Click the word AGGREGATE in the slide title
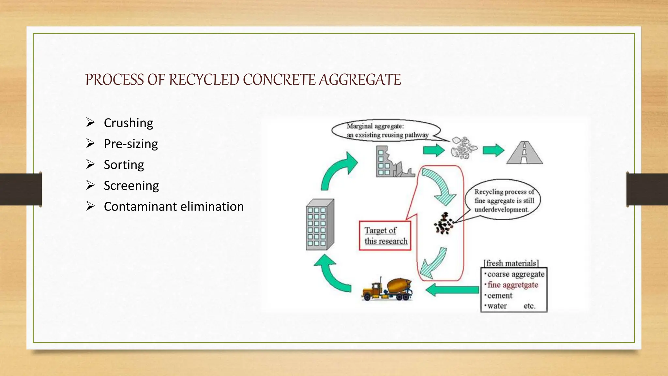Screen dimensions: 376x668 pyautogui.click(x=360, y=80)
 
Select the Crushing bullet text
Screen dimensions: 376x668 pyautogui.click(x=128, y=123)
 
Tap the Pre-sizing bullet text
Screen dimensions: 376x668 pyautogui.click(x=131, y=144)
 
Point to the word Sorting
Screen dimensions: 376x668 pyautogui.click(x=124, y=165)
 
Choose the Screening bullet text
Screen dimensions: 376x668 pyautogui.click(x=131, y=186)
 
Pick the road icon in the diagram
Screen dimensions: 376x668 pyautogui.click(x=524, y=152)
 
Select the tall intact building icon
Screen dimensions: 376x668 pyautogui.click(x=320, y=225)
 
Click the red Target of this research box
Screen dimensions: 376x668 pyautogui.click(x=385, y=236)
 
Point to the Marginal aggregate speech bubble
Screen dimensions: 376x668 pyautogui.click(x=386, y=131)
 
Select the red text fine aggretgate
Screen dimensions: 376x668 pyautogui.click(x=512, y=285)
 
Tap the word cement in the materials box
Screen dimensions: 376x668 pyautogui.click(x=500, y=296)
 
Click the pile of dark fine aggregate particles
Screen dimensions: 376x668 pyautogui.click(x=444, y=224)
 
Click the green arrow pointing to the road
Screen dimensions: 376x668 pyautogui.click(x=493, y=150)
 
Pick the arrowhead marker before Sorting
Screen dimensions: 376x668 pyautogui.click(x=90, y=164)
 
